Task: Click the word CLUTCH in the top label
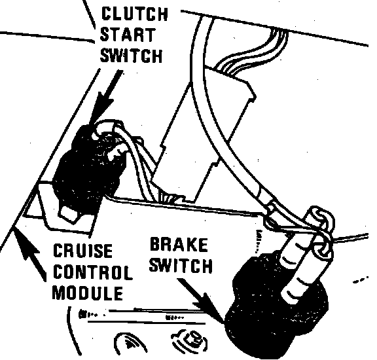(135, 14)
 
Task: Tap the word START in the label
(128, 35)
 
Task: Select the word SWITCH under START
(132, 56)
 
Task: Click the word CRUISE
(82, 250)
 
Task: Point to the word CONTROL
(93, 272)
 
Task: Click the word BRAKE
(179, 245)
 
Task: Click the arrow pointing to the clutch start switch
(105, 98)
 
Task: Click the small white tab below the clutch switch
(70, 213)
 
